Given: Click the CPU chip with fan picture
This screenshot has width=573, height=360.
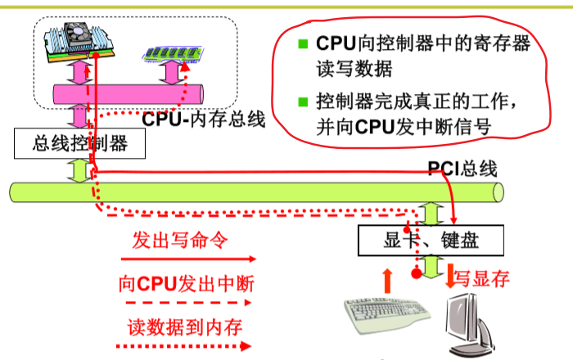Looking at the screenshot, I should point(79,43).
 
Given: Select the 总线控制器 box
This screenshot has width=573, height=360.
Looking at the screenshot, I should point(80,144).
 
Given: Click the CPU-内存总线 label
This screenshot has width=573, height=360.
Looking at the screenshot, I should point(204,119).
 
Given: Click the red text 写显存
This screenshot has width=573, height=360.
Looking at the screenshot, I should point(483,279).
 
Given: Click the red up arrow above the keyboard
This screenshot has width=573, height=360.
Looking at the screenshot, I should point(388,281).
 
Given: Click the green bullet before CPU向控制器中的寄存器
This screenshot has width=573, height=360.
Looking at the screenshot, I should point(303,43).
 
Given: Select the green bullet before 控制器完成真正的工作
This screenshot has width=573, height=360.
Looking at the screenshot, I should point(303,103).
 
